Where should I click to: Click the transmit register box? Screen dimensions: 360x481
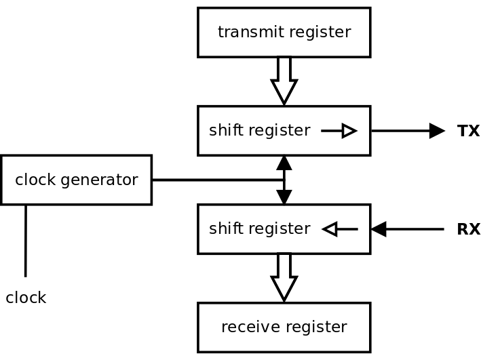[284, 32]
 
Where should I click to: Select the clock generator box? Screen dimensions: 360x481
[76, 180]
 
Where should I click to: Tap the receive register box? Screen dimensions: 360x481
[284, 327]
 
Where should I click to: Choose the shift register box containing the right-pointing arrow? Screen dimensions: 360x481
[284, 131]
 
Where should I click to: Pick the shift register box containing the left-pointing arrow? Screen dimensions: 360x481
[284, 229]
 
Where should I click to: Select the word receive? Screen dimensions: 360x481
[246, 327]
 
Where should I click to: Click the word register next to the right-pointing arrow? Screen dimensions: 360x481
[279, 131]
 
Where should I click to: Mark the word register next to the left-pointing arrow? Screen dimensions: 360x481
[279, 229]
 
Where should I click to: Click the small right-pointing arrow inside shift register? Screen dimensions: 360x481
[339, 131]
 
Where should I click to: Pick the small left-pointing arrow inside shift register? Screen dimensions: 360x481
[339, 229]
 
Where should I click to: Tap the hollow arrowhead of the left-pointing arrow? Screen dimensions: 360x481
[330, 229]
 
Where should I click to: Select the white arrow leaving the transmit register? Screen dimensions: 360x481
[284, 79]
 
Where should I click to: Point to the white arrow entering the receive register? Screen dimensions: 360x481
[284, 275]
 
